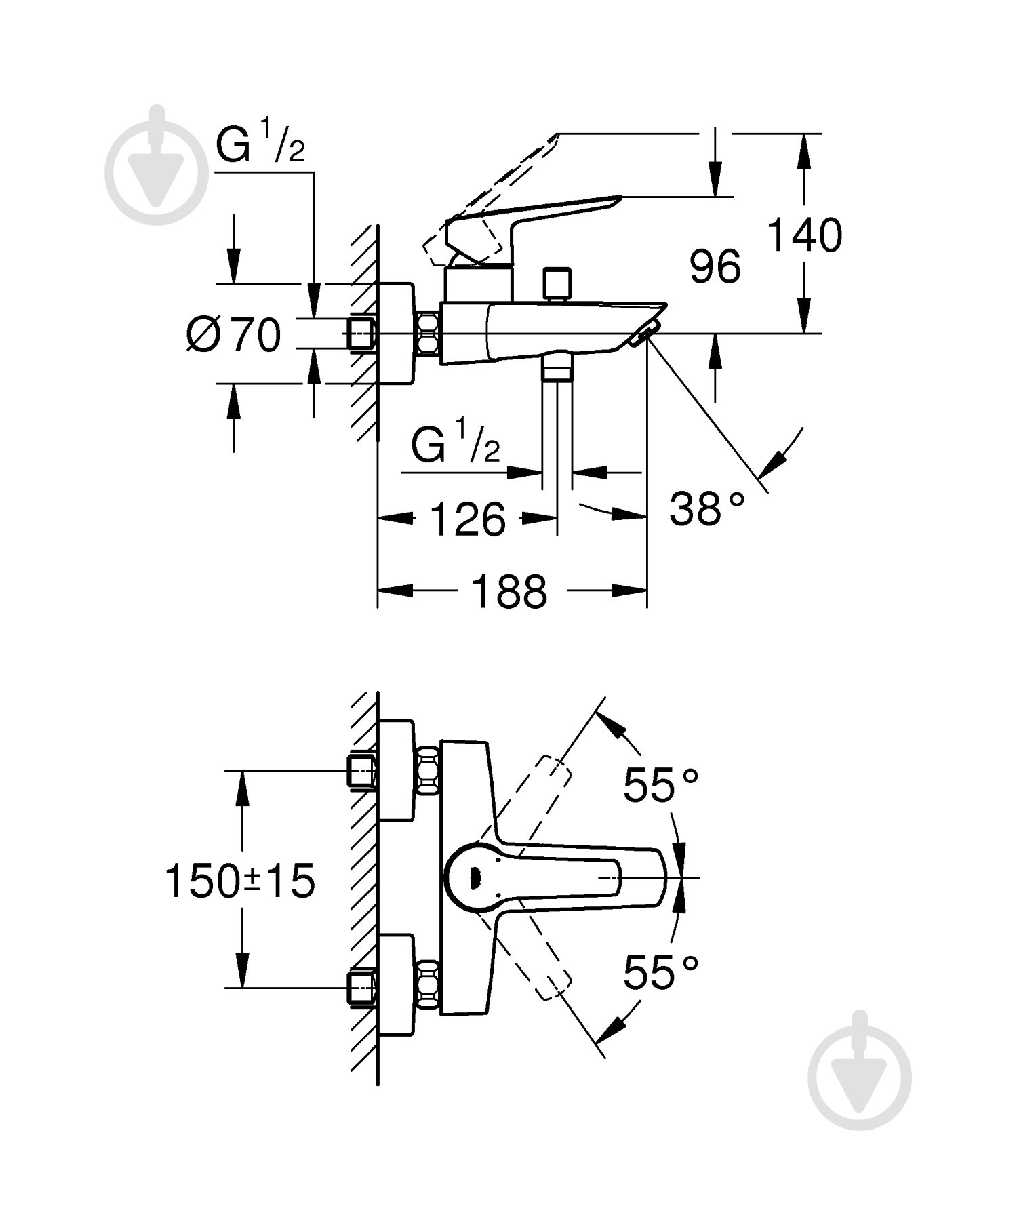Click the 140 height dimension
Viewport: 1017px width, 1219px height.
coord(804,236)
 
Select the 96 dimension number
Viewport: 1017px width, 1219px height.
coord(715,266)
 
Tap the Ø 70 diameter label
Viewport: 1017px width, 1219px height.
coord(234,334)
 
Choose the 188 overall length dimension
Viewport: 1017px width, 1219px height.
coord(509,591)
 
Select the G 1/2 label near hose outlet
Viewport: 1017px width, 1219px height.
coord(456,442)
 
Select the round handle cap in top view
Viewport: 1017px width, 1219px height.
coord(475,879)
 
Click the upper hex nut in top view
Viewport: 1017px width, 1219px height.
coord(428,771)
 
